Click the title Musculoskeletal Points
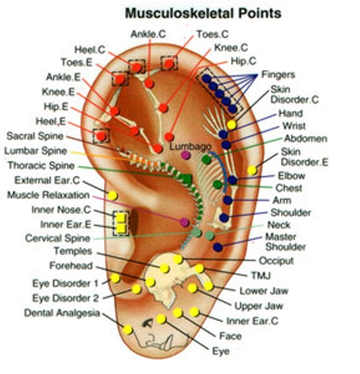pyautogui.click(x=203, y=13)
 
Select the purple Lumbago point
pyautogui.click(x=186, y=155)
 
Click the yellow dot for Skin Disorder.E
pyautogui.click(x=252, y=170)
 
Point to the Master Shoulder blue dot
pyautogui.click(x=218, y=247)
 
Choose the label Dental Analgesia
pyautogui.click(x=62, y=313)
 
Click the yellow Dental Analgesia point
pyautogui.click(x=128, y=329)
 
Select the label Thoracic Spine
pyautogui.click(x=41, y=166)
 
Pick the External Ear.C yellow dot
pyautogui.click(x=113, y=196)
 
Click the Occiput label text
pyautogui.click(x=276, y=260)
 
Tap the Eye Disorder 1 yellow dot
pyautogui.click(x=115, y=278)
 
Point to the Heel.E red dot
pyautogui.click(x=101, y=136)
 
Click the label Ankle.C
pyautogui.click(x=148, y=34)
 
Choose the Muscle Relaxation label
pyautogui.click(x=48, y=195)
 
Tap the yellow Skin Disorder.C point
pyautogui.click(x=232, y=125)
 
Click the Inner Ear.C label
pyautogui.click(x=252, y=321)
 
